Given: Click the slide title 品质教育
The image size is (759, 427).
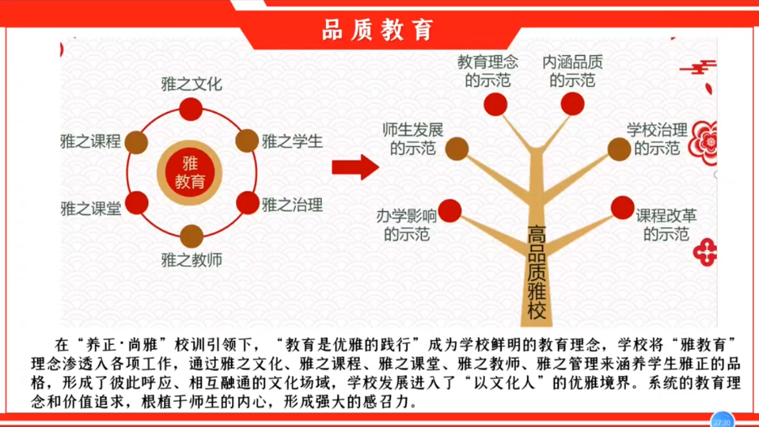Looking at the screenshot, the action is [378, 30].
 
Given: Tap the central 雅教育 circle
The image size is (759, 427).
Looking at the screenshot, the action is [190, 173].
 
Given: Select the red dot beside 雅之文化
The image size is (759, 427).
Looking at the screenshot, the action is [191, 109].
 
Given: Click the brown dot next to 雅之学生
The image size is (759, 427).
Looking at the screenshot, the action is [247, 141].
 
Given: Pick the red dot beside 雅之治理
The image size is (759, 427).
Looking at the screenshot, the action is [248, 203].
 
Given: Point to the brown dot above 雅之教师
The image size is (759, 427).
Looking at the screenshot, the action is [191, 236].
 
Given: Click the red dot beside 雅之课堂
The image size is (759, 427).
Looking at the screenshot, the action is [136, 203].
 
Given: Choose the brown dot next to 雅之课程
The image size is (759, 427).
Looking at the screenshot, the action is [136, 143].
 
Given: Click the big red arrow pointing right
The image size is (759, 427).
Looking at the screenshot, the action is [355, 168].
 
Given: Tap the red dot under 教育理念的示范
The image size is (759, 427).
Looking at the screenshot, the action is [495, 104].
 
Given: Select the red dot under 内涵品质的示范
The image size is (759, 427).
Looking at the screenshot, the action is [572, 104].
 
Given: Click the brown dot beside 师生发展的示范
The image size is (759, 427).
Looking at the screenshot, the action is [457, 149].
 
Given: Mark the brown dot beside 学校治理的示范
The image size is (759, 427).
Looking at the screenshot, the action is [619, 149].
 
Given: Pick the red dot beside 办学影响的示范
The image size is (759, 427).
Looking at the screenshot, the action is [450, 211].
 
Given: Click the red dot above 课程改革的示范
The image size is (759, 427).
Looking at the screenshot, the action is [623, 208].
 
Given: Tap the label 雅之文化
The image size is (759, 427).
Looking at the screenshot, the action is [191, 84].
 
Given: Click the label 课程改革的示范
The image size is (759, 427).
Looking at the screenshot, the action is [666, 225].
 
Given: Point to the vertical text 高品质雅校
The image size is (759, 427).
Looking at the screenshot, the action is [537, 272].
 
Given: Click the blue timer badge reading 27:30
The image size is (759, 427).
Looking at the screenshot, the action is [722, 421].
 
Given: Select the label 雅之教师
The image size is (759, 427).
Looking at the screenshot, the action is [191, 261].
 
